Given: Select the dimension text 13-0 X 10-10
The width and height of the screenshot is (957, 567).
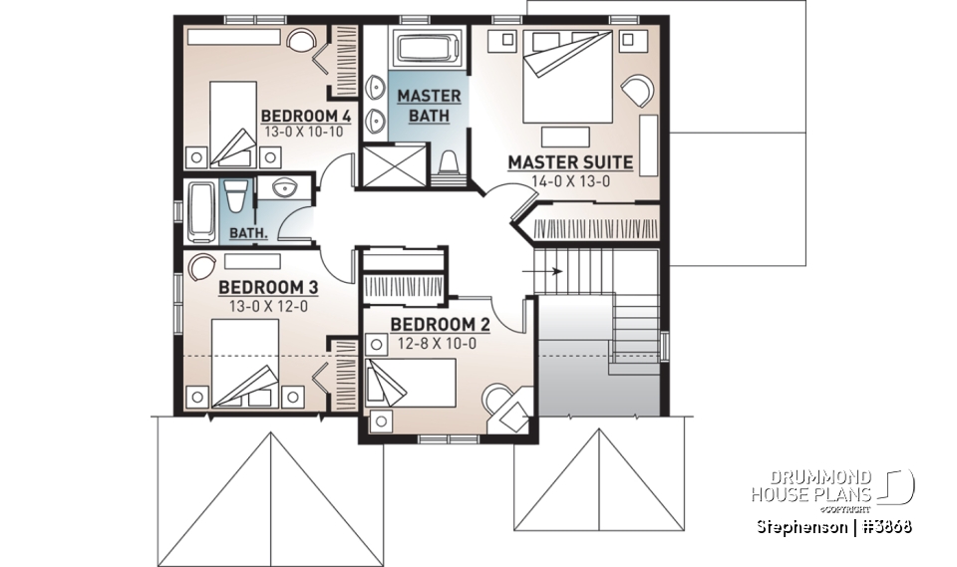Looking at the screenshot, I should (x=301, y=131).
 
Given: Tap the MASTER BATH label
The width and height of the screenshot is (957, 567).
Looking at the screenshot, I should (x=429, y=106).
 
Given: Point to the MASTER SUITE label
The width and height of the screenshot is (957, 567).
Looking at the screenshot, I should (x=570, y=161).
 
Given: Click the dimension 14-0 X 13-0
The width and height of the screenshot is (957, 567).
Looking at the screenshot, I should (x=570, y=180).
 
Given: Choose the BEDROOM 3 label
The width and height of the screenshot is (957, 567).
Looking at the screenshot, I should (x=267, y=288).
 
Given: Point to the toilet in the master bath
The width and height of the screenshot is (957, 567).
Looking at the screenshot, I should (x=449, y=163).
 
